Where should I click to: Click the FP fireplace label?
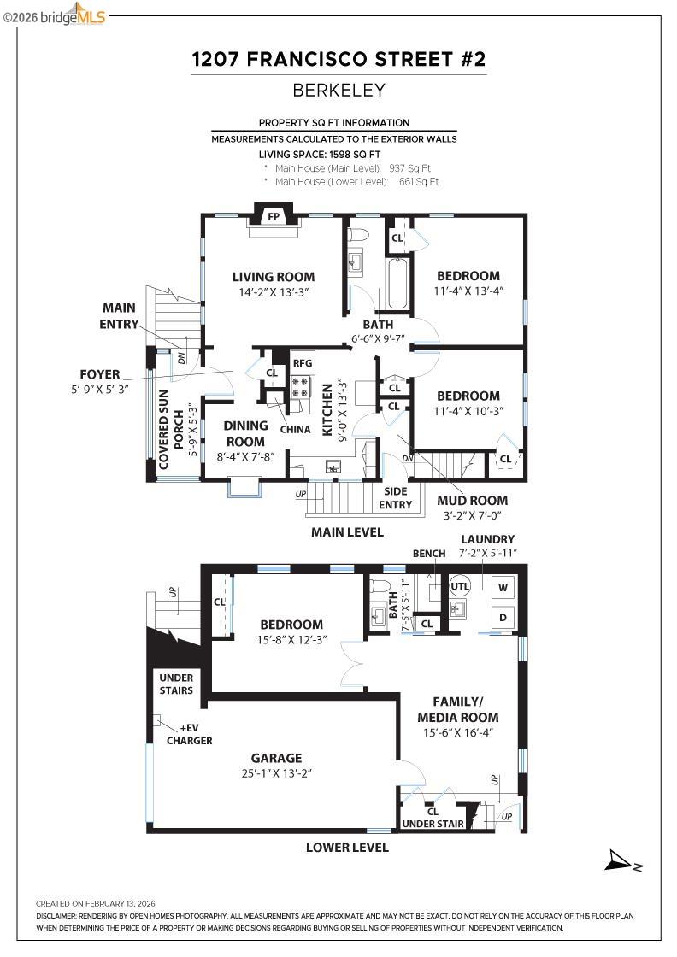coord(274,217)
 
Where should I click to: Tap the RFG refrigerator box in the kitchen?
coord(303,363)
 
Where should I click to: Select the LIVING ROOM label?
coord(274,277)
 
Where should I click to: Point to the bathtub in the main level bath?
coord(398,283)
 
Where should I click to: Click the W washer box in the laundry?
coord(503,588)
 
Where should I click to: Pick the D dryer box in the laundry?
coord(503,617)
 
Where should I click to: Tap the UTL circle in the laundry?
coord(460,587)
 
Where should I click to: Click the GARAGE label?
coord(276,758)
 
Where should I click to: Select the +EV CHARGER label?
coord(189,734)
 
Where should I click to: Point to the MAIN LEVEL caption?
coord(346,532)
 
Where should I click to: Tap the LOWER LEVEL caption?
coord(347,848)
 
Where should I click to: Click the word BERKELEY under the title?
coord(338,90)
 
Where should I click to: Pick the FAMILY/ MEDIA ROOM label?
coord(457,709)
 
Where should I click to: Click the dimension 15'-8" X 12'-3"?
coord(291,639)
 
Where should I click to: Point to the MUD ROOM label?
coord(472,501)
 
